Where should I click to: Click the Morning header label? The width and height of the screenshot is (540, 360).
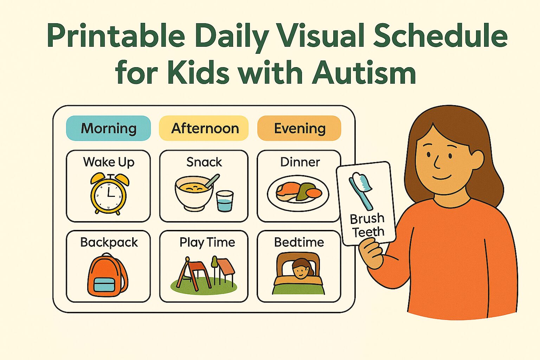(109, 128)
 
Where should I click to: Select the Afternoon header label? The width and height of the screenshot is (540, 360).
(205, 128)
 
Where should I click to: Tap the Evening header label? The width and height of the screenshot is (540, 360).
(300, 128)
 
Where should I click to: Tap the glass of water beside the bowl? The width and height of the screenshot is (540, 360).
(225, 201)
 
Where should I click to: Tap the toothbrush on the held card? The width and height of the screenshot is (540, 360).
(361, 190)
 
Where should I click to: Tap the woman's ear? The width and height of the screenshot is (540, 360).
(477, 160)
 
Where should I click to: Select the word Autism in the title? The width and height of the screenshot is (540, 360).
(364, 72)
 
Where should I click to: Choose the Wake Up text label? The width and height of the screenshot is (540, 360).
(109, 162)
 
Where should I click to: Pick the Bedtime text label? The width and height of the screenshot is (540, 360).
(299, 242)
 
